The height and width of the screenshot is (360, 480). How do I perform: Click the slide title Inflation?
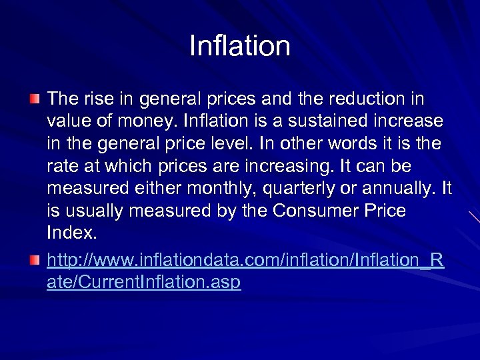click(240, 47)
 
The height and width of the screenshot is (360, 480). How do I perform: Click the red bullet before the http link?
click(35, 258)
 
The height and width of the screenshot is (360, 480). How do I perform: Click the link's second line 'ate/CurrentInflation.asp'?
click(144, 283)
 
